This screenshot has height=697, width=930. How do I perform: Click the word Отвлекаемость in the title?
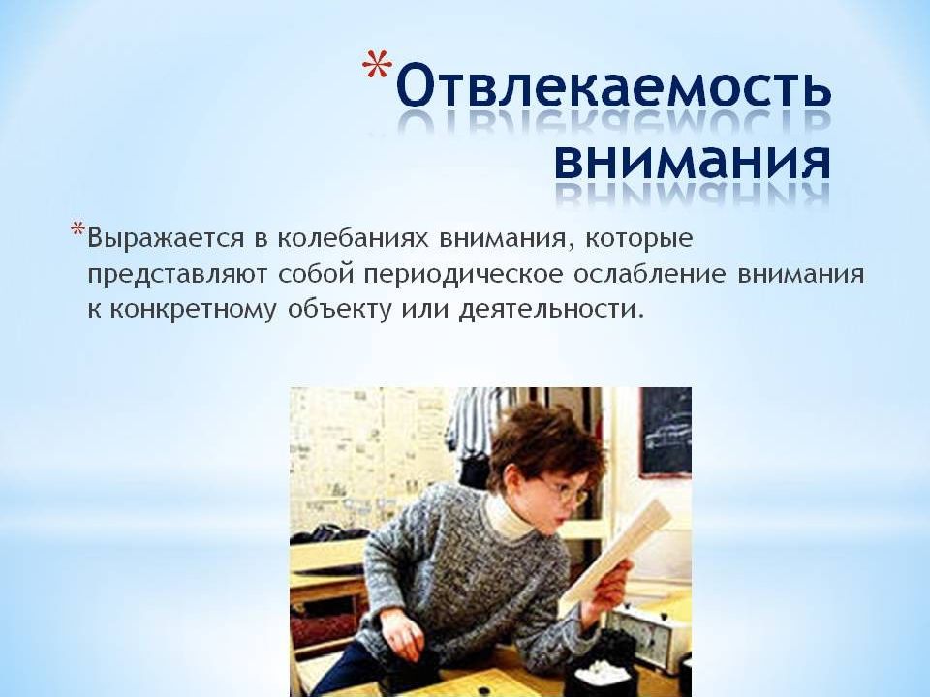point(613,88)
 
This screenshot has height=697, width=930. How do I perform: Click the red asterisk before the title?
point(378,65)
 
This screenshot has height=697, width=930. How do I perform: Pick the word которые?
point(638,239)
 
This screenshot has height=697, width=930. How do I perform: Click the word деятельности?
point(550,310)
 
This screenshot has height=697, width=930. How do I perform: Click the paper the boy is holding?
point(617,548)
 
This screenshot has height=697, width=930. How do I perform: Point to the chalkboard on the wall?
point(665,433)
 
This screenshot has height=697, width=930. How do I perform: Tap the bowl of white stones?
point(599,673)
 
